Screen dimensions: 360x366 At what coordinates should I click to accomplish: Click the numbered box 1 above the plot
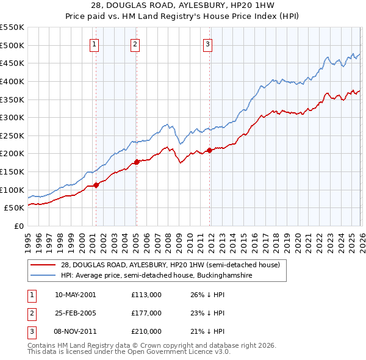tap(95, 44)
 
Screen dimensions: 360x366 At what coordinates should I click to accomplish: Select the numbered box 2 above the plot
tap(135, 44)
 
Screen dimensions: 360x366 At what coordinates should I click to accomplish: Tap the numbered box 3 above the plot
tap(207, 44)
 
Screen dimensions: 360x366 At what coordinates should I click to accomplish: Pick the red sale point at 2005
tap(137, 162)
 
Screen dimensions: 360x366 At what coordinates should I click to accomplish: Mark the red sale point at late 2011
tap(209, 150)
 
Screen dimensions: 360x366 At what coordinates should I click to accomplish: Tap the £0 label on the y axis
tap(18, 226)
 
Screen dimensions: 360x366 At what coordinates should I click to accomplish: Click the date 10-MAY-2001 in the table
tap(75, 295)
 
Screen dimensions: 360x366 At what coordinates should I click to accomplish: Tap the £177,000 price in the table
tap(146, 313)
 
